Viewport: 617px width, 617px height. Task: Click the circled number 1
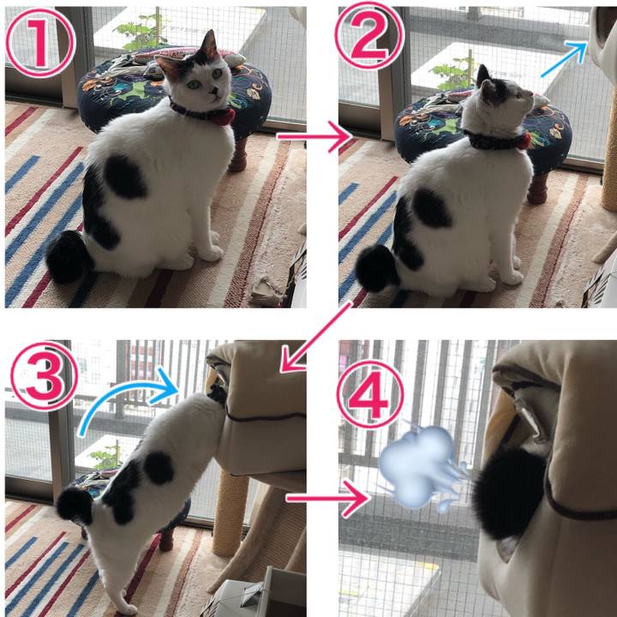[40, 43]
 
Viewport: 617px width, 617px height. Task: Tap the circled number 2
[369, 36]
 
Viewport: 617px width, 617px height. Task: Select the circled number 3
[44, 376]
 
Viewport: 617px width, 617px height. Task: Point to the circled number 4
[370, 394]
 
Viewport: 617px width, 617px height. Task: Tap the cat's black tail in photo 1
[68, 256]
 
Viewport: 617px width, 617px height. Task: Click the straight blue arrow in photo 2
[564, 59]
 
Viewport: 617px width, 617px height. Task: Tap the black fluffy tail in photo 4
[510, 494]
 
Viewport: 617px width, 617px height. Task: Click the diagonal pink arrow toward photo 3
[314, 338]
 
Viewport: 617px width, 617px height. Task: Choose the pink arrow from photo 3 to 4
[327, 499]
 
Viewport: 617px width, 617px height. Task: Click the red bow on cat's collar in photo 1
[225, 117]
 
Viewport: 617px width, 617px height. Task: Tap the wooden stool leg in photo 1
[238, 154]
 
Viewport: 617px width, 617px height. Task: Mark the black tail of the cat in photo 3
[75, 506]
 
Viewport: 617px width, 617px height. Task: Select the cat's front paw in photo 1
[212, 254]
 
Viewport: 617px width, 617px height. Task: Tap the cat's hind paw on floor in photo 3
[127, 607]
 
